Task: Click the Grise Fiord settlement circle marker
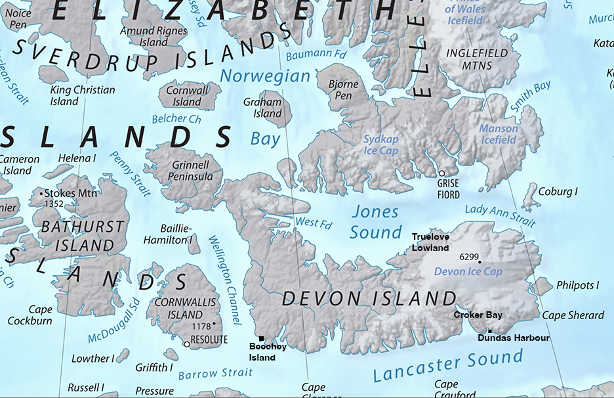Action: (x=442, y=173)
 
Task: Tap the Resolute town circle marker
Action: (x=187, y=343)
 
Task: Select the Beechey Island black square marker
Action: (x=261, y=338)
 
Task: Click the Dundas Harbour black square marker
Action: (x=489, y=331)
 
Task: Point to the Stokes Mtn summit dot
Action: (x=43, y=194)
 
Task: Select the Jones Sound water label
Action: (x=375, y=222)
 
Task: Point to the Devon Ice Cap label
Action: (x=468, y=271)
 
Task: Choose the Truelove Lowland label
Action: (x=430, y=242)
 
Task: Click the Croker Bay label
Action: (x=478, y=315)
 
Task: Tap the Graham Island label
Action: (x=262, y=108)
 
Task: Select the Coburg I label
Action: (x=558, y=192)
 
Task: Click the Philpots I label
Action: (x=577, y=285)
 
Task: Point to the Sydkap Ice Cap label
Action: (x=381, y=144)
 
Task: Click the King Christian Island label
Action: (x=83, y=95)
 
